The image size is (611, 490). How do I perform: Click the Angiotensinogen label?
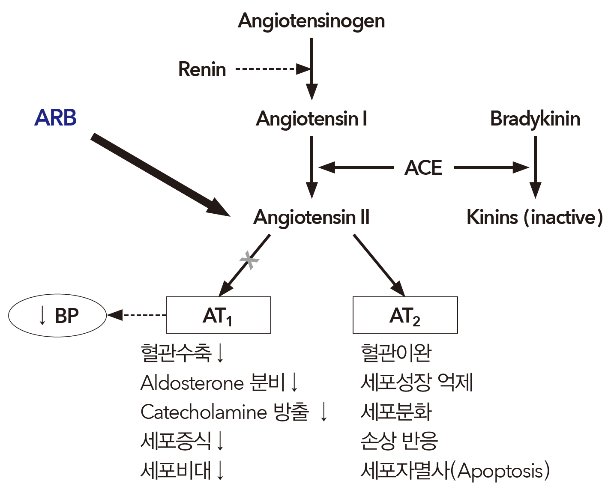coord(311,21)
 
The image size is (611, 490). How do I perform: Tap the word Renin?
coord(202,69)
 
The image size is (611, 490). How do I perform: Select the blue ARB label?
coord(55,118)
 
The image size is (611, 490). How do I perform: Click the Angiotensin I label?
coord(311,119)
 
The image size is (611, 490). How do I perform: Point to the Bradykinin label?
coord(535,119)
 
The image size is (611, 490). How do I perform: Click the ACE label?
coord(423,167)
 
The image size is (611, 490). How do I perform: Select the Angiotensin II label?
coord(311,217)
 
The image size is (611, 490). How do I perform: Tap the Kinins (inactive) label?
coord(534,217)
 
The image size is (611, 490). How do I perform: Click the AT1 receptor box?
coord(219,315)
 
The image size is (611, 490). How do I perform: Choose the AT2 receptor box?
coord(405,315)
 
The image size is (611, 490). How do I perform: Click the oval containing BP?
coord(57,316)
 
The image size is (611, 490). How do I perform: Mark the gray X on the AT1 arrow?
coord(249,260)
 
